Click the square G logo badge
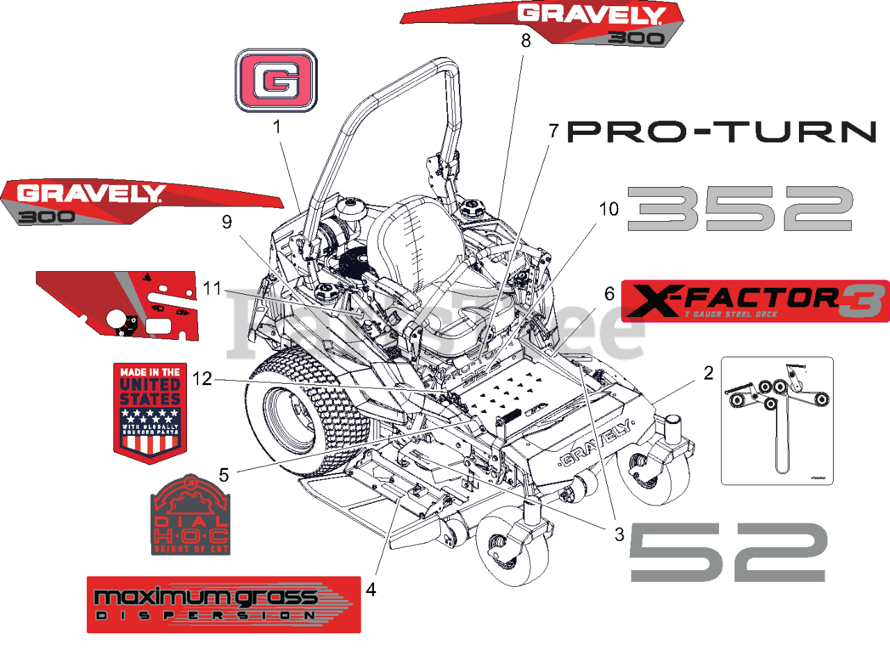tap(276, 81)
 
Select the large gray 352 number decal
tap(740, 208)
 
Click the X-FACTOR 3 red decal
tap(754, 300)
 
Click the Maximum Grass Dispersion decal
tap(223, 604)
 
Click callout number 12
tap(202, 380)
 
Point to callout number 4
tap(371, 590)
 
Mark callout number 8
tap(526, 40)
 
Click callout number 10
tap(608, 209)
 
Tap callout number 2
tap(708, 373)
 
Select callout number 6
tap(609, 294)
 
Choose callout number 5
tap(224, 475)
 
